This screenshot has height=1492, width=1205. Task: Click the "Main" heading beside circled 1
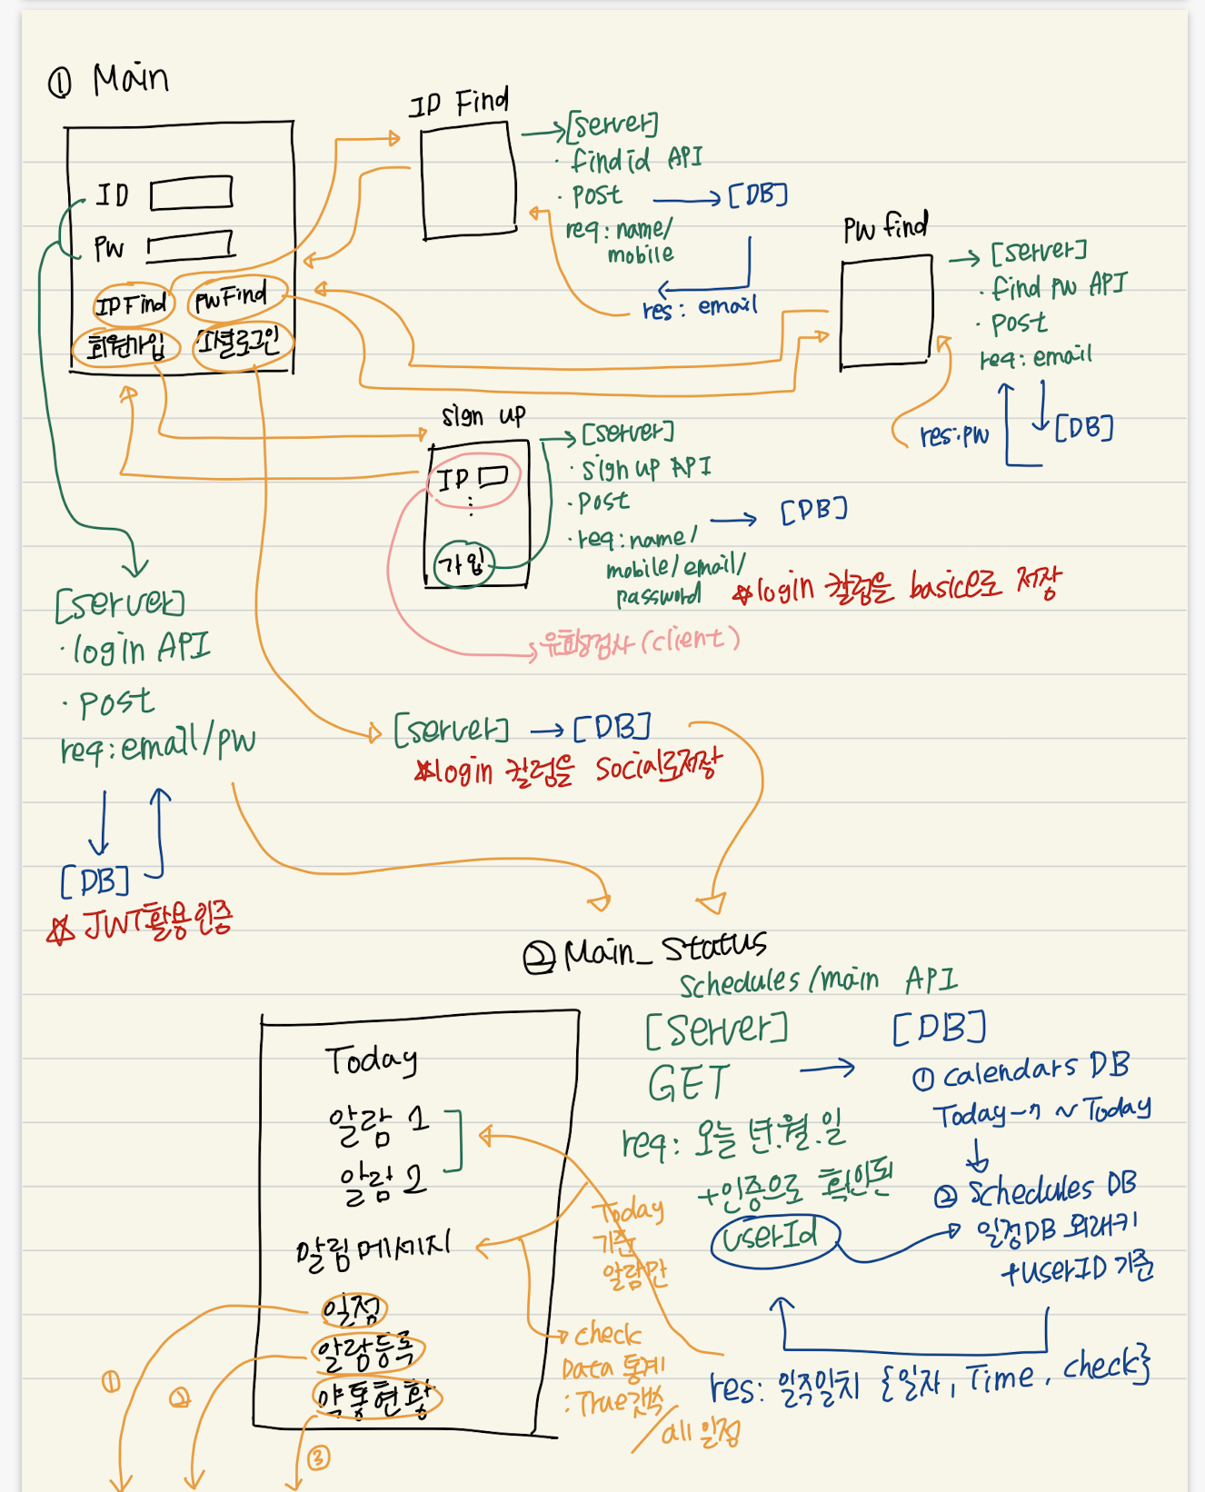[x=130, y=79]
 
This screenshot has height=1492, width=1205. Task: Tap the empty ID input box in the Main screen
[x=191, y=194]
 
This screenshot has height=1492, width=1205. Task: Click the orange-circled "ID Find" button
[x=132, y=304]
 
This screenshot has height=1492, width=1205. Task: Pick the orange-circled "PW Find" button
[x=231, y=297]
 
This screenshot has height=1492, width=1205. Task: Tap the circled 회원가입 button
[x=126, y=346]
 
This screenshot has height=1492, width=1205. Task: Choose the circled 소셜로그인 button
[x=242, y=343]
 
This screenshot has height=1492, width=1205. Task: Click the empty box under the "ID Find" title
[x=467, y=182]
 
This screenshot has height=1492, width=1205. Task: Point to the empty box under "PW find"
[x=886, y=313]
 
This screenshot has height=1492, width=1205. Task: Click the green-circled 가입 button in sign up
[x=463, y=564]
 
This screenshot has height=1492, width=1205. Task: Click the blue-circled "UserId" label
[x=775, y=1237]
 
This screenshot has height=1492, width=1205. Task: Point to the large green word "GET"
[x=689, y=1084]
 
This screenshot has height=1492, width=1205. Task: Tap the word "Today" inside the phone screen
[x=371, y=1059]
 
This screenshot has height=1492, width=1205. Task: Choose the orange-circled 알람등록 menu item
[x=367, y=1352]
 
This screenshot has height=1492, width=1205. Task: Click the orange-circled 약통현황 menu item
[x=375, y=1398]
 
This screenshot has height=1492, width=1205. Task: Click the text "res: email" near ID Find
[x=700, y=307]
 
